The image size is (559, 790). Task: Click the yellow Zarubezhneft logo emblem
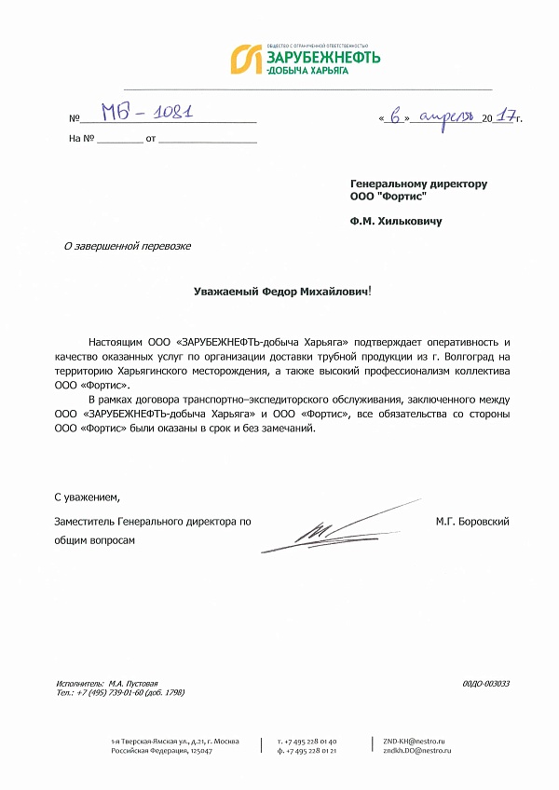(245, 58)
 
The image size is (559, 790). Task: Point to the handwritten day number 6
(396, 116)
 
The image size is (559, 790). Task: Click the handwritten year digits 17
(507, 116)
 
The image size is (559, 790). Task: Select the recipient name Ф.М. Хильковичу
(396, 222)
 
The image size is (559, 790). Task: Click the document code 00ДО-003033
(485, 684)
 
